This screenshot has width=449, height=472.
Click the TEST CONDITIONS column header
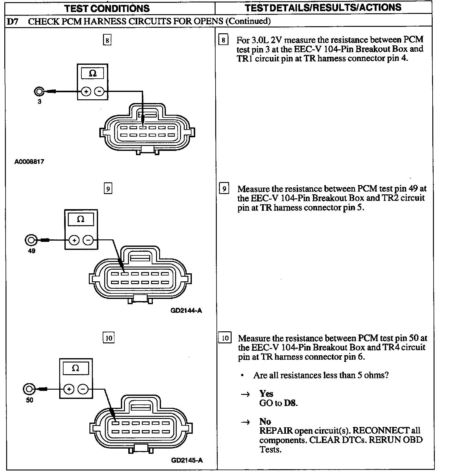pyautogui.click(x=107, y=8)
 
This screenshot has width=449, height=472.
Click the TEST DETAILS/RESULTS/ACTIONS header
pyautogui.click(x=323, y=8)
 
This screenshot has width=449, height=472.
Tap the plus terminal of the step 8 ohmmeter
pyautogui.click(x=86, y=92)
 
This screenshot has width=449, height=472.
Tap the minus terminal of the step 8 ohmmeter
pyautogui.click(x=99, y=92)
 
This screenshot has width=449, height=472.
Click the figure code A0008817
pyautogui.click(x=29, y=161)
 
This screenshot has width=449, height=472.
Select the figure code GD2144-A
pyautogui.click(x=186, y=311)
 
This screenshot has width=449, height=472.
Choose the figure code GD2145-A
pyautogui.click(x=187, y=461)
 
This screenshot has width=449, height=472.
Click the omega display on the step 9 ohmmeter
pyautogui.click(x=80, y=219)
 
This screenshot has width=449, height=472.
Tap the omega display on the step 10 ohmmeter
pyautogui.click(x=76, y=368)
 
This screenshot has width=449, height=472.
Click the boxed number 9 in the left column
pyautogui.click(x=108, y=188)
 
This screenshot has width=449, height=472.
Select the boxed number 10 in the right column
pyautogui.click(x=225, y=338)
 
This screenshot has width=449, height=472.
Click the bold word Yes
pyautogui.click(x=266, y=394)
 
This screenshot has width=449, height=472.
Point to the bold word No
pyautogui.click(x=265, y=421)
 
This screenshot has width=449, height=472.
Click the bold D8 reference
pyautogui.click(x=290, y=403)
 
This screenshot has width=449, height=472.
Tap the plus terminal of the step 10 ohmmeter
pyautogui.click(x=69, y=389)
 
